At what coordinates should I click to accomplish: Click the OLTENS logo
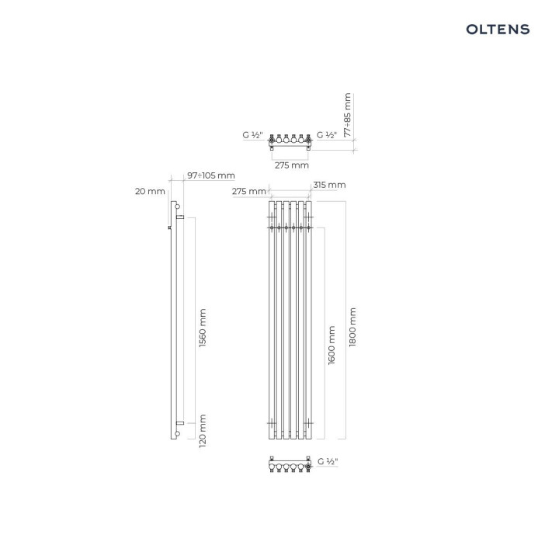(498, 30)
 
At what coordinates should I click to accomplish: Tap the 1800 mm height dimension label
(352, 327)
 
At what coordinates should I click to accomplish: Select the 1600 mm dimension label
(332, 345)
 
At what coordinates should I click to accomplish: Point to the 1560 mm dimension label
(203, 328)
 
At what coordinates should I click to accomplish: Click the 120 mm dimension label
(203, 431)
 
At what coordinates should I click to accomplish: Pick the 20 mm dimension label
(150, 192)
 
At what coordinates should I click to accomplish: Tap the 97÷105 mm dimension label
(211, 175)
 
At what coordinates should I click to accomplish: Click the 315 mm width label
(329, 185)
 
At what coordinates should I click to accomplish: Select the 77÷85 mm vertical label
(348, 115)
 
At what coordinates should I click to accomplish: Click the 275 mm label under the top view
(292, 165)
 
